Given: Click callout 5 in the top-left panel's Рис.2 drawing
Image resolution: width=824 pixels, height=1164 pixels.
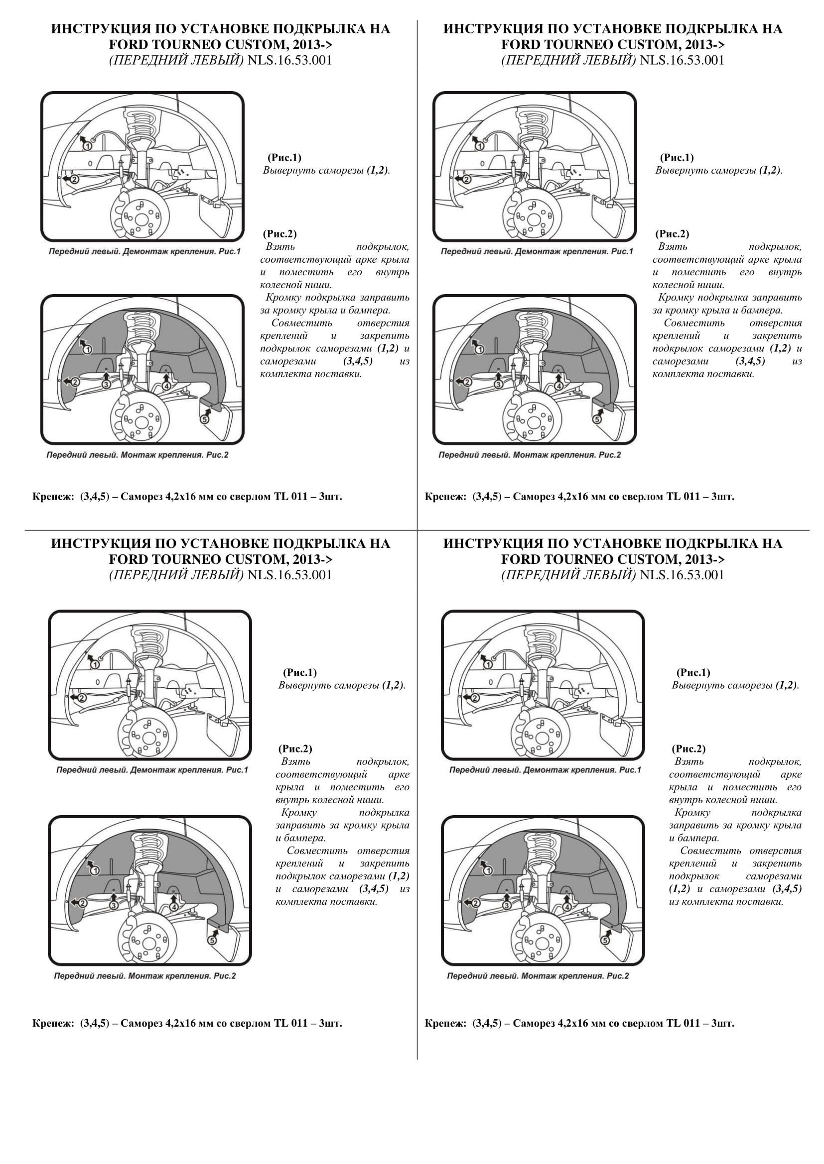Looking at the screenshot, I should pyautogui.click(x=205, y=419).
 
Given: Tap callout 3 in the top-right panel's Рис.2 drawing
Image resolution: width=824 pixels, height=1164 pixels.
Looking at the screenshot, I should pyautogui.click(x=498, y=384).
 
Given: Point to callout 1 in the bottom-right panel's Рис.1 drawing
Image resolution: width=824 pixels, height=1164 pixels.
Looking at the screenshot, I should pyautogui.click(x=488, y=664).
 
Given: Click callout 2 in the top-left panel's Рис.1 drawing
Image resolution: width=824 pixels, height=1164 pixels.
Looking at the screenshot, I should pyautogui.click(x=74, y=179).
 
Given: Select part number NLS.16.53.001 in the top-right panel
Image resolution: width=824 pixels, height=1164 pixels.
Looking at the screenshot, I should pyautogui.click(x=682, y=60).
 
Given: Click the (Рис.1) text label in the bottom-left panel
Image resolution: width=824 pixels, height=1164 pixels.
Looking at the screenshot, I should pyautogui.click(x=299, y=672).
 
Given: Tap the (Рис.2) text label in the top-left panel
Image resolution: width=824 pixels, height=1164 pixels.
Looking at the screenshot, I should pyautogui.click(x=279, y=234).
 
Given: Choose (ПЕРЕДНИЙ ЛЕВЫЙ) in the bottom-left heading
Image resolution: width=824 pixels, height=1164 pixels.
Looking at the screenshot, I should pyautogui.click(x=176, y=575).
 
